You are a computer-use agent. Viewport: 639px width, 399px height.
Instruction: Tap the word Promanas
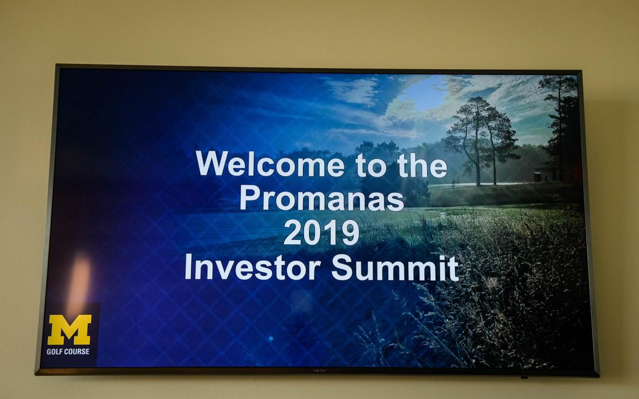point(322,198)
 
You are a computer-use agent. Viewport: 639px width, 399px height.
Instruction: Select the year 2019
point(321,232)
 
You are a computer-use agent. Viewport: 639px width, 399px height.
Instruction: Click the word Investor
point(253,267)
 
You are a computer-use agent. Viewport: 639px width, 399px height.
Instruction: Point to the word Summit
point(395,267)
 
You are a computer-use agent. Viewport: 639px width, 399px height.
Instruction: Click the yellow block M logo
point(69,329)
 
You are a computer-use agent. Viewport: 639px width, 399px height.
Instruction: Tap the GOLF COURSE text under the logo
point(68,351)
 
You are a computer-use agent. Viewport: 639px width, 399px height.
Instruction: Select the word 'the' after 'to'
point(422,164)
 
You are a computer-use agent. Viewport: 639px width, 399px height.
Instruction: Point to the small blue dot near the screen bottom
point(270,338)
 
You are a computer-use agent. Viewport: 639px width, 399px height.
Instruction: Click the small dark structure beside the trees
point(537,177)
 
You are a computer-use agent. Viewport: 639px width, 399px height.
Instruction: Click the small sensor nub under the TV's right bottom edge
point(524,377)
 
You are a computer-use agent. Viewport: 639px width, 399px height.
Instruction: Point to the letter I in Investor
point(188,267)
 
